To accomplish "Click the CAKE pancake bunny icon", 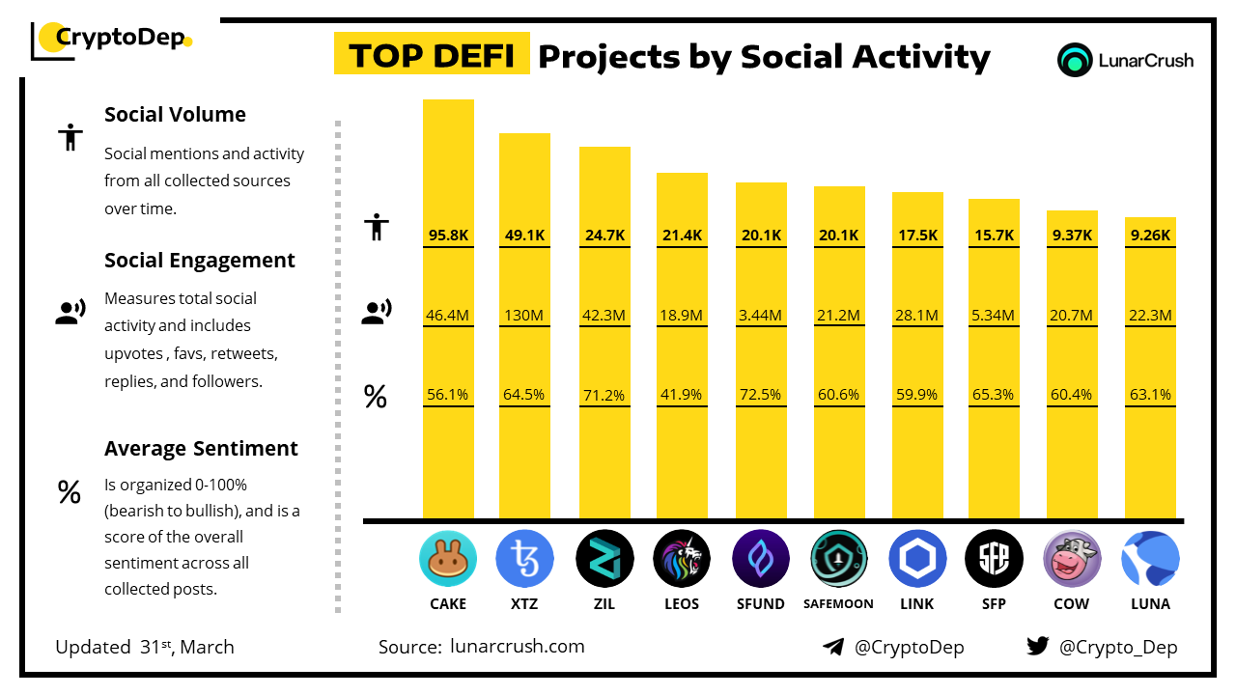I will (448, 560).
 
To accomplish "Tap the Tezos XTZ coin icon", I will (525, 560).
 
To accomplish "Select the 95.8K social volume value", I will (448, 235).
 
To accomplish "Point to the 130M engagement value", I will (524, 315).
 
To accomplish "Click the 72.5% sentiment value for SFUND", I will (761, 395).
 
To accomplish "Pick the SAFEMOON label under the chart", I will (838, 604).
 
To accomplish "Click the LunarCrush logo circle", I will (1074, 60).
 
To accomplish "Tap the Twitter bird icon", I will (1038, 647).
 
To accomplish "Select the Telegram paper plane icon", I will (833, 647).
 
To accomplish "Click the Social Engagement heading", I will (200, 261).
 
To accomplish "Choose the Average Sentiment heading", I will (201, 449).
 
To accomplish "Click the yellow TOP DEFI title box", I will (432, 56).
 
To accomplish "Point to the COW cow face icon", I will (1072, 560).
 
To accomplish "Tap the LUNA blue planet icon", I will (1150, 560).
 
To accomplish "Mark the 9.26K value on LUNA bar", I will (1150, 235).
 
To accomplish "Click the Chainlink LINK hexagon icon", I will (917, 560).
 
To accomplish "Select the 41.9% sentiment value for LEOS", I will (682, 395).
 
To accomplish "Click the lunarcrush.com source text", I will (518, 647).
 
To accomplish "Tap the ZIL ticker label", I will (604, 604).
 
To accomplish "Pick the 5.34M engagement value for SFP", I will (994, 315).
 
